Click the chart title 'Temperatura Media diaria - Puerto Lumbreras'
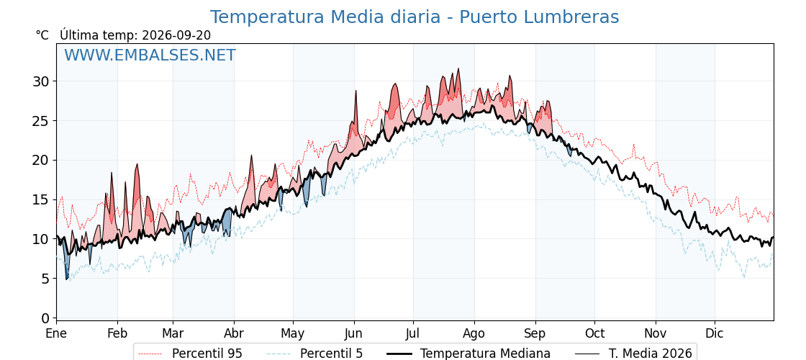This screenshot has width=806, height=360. [415, 17]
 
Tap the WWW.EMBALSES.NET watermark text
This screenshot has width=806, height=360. [150, 55]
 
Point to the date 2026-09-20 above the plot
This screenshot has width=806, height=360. [176, 35]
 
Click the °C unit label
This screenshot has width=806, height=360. [42, 35]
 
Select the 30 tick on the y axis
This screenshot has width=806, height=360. [41, 81]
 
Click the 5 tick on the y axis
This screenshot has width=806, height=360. [46, 279]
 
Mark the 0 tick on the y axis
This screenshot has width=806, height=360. [46, 318]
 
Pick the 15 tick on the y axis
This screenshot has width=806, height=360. [41, 199]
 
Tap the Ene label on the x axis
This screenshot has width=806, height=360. [57, 333]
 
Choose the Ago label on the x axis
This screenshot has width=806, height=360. [474, 333]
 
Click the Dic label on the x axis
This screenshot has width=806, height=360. [715, 333]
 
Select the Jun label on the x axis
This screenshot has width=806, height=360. [353, 333]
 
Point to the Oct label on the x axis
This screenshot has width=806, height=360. [594, 333]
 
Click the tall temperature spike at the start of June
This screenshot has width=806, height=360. [356, 91]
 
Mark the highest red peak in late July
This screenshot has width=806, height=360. [458, 69]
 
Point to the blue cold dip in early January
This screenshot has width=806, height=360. [67, 278]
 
